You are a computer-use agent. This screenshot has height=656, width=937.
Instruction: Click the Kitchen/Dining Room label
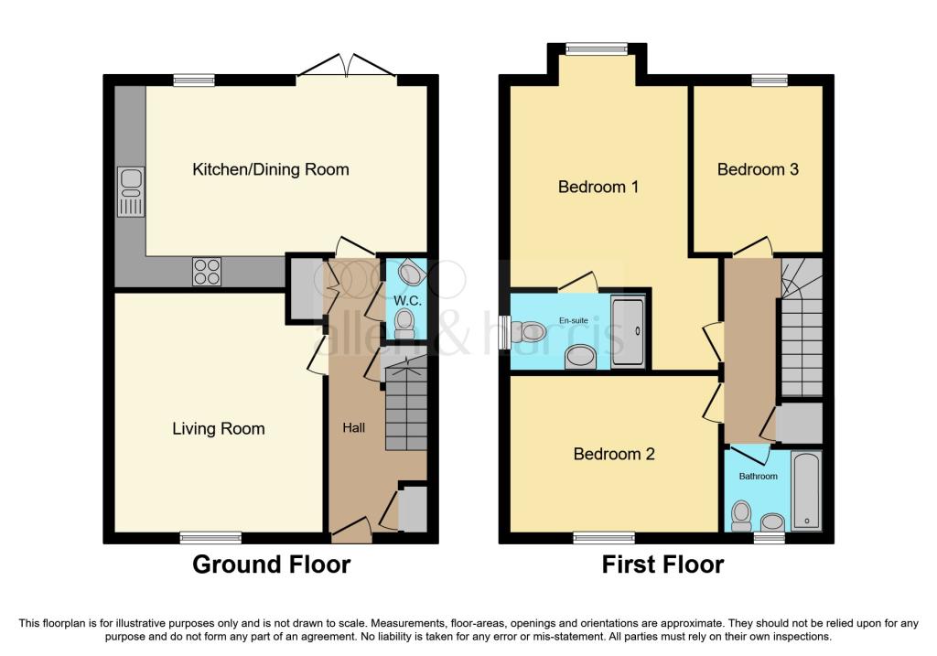click(x=270, y=169)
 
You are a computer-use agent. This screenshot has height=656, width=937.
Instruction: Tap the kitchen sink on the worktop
click(x=130, y=192)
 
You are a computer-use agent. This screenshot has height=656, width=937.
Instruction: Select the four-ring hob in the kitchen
click(x=207, y=272)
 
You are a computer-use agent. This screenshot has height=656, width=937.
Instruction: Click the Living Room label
click(x=218, y=428)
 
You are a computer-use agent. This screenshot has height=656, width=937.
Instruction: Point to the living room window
click(x=210, y=537)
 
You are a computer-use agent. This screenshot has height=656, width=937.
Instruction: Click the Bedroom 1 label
click(x=598, y=187)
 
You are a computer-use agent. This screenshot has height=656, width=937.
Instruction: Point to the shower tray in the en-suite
click(x=628, y=330)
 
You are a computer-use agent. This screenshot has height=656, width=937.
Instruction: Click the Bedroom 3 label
click(x=758, y=169)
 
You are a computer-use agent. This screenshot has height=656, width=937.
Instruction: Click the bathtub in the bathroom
click(x=806, y=489)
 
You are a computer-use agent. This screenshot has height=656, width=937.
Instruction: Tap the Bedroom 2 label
click(x=614, y=454)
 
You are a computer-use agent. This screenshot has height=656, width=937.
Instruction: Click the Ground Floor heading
click(x=271, y=565)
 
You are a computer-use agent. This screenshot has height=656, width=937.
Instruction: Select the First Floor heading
click(x=662, y=565)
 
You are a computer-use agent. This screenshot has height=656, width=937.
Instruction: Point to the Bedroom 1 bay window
click(x=597, y=49)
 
